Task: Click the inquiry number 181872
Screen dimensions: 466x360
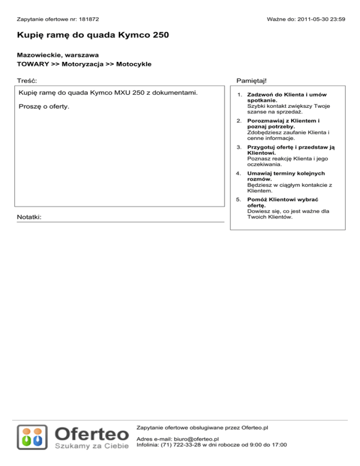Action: (89, 20)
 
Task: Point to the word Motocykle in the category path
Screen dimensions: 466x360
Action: (134, 64)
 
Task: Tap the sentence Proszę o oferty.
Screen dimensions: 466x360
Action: (44, 107)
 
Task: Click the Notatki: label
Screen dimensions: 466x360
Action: (29, 218)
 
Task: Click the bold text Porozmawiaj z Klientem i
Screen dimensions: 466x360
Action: (284, 121)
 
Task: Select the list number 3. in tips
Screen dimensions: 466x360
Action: (239, 147)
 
